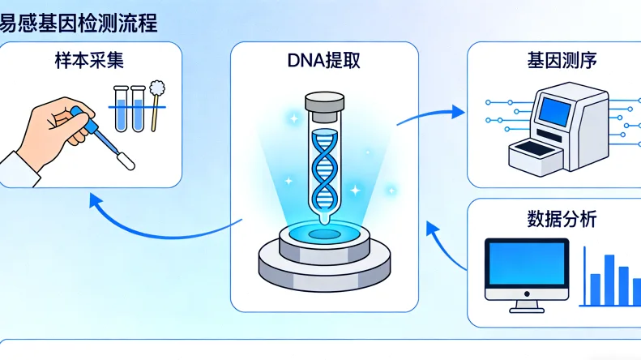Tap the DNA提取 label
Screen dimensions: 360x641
(325, 62)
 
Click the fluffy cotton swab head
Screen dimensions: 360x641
(157, 85)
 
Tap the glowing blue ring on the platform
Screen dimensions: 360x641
(323, 234)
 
